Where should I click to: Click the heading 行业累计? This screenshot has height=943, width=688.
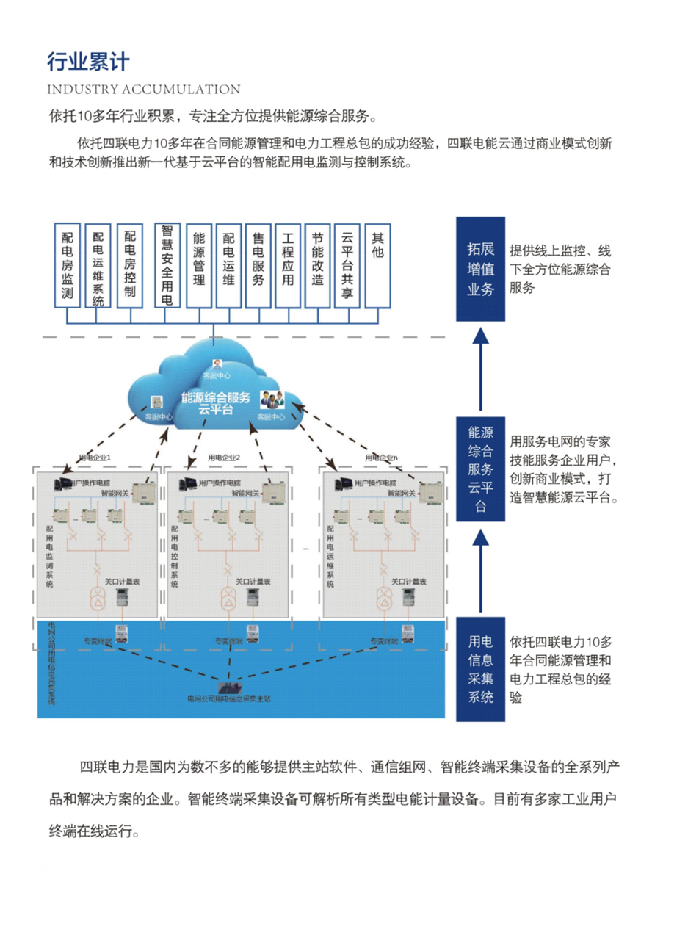[87, 62]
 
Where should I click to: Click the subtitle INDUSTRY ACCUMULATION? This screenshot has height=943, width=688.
[143, 90]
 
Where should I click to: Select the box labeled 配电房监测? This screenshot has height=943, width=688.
[68, 267]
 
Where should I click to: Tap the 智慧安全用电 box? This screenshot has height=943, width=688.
[167, 266]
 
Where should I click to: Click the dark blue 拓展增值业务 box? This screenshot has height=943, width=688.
[481, 269]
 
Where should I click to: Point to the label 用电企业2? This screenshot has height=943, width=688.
[225, 458]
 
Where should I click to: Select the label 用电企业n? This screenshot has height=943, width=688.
[381, 458]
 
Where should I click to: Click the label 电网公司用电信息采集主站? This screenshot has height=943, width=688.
[228, 699]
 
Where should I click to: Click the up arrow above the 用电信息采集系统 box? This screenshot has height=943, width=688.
[481, 569]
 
